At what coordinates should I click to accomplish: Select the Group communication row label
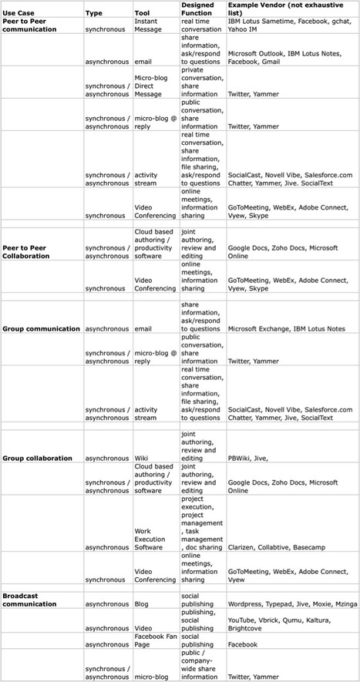tap(41, 328)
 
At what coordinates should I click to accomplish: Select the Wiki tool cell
tap(143, 458)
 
